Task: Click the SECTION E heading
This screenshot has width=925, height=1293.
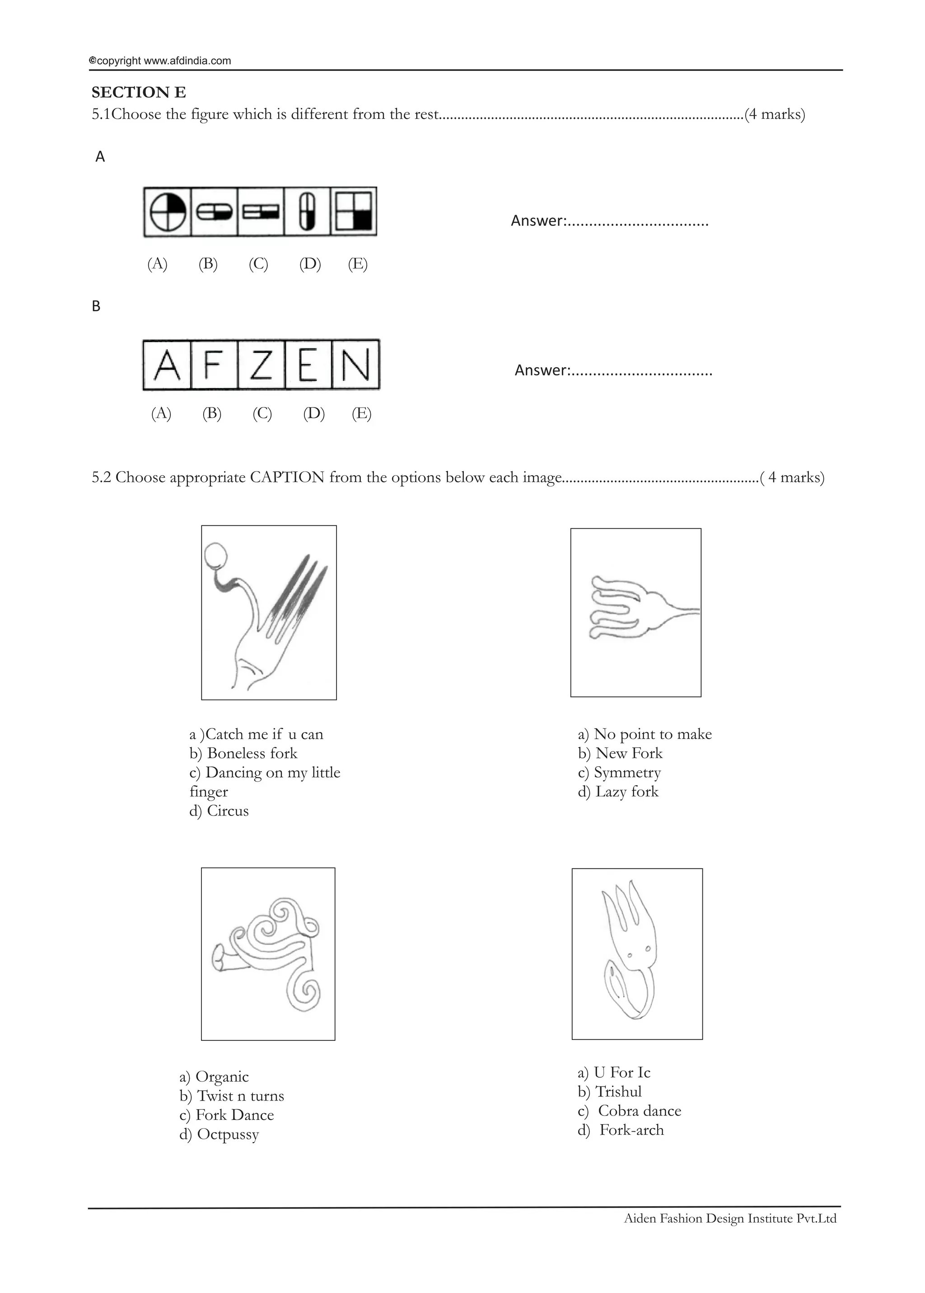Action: [138, 92]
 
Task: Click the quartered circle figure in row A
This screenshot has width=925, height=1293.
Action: [168, 212]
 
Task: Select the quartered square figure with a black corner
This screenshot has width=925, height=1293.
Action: [353, 212]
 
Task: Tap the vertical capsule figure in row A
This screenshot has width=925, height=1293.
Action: [307, 212]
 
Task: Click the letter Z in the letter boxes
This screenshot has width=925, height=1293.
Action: [261, 365]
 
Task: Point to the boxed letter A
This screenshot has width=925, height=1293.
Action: [167, 365]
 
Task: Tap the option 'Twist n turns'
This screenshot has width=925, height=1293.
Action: [231, 1096]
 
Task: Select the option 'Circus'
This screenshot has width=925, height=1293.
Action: [220, 810]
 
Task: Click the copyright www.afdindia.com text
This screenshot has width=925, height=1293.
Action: [160, 61]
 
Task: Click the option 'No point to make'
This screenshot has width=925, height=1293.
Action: [645, 734]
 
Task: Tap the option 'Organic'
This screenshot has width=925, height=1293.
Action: [214, 1076]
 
